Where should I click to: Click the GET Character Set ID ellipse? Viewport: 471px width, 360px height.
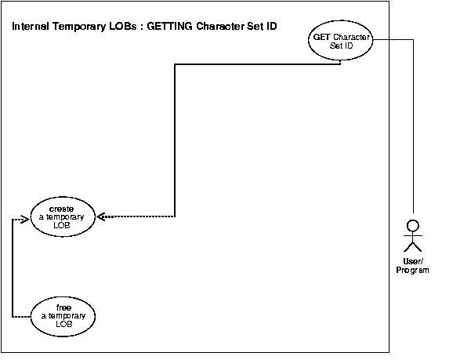pyautogui.click(x=340, y=41)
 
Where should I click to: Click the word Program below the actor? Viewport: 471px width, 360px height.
pyautogui.click(x=412, y=270)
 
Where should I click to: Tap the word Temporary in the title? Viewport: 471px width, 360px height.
pyautogui.click(x=75, y=27)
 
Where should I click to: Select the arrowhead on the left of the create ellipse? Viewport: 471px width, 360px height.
pyautogui.click(x=25, y=221)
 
